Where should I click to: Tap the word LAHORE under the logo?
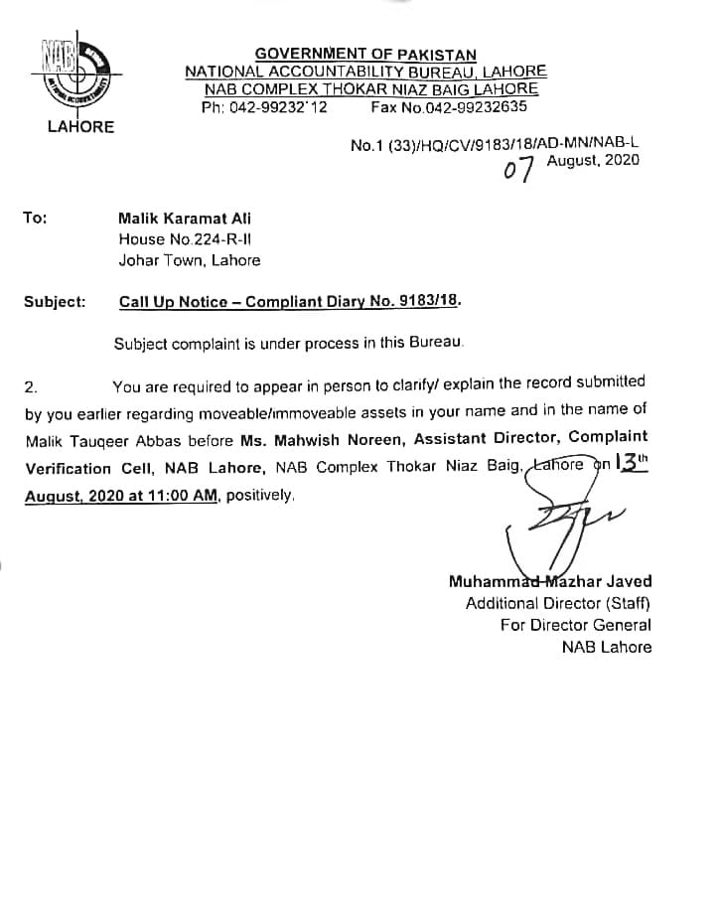[80, 127]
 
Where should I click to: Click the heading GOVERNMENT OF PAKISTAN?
[365, 55]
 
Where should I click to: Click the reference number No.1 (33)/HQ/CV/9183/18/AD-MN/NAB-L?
[495, 145]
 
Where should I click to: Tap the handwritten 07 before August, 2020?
[518, 171]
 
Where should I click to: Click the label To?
[35, 218]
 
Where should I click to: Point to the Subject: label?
[54, 300]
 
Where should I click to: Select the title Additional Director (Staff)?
[558, 603]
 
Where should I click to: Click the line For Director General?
[575, 625]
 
